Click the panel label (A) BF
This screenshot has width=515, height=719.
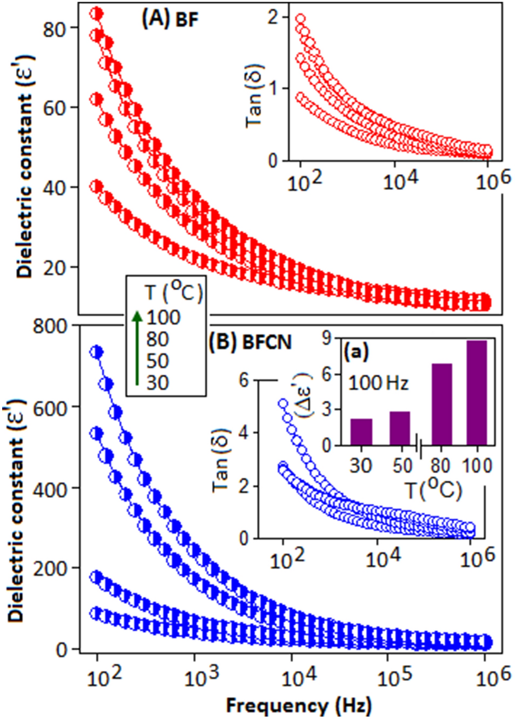pos(170,19)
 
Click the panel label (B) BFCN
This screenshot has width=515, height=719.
pos(250,342)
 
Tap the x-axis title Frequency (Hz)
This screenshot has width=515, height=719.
pos(299,705)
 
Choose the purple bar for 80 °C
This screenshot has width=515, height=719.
pos(441,404)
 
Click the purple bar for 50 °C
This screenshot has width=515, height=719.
pos(400,428)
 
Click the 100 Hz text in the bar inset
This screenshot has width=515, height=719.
pos(378,383)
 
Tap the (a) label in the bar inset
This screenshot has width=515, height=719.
pos(356,352)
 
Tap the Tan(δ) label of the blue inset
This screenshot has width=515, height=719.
pos(221,460)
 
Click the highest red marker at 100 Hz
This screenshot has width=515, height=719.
pos(96,14)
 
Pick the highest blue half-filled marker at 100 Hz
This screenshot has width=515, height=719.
pos(96,352)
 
